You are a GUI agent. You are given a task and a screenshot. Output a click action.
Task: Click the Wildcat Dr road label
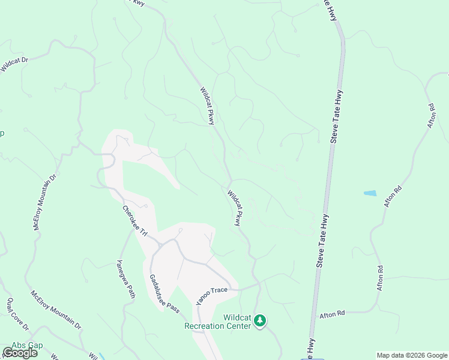pyautogui.click(x=14, y=64)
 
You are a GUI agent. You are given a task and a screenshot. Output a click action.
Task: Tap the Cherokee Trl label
pyautogui.click(x=134, y=220)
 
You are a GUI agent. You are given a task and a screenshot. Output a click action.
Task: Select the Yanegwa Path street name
pyautogui.click(x=125, y=279)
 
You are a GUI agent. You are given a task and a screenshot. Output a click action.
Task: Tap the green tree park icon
pyautogui.click(x=260, y=321)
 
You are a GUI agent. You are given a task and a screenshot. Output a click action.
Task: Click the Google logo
pyautogui.click(x=20, y=353)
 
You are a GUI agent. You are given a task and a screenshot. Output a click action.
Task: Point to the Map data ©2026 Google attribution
pyautogui.click(x=412, y=355)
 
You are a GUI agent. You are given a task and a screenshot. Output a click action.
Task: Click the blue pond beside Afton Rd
pyautogui.click(x=370, y=193)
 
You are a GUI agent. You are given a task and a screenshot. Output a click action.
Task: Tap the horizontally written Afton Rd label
pyautogui.click(x=333, y=314)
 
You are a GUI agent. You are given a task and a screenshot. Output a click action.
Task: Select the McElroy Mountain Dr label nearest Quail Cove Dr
pyautogui.click(x=56, y=309)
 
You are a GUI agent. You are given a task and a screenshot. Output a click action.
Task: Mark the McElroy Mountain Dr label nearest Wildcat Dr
pyautogui.click(x=44, y=202)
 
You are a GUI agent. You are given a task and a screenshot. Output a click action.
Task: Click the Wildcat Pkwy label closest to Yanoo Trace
pyautogui.click(x=237, y=208)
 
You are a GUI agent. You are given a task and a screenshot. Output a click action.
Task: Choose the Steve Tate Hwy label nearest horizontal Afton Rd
pyautogui.click(x=322, y=240)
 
